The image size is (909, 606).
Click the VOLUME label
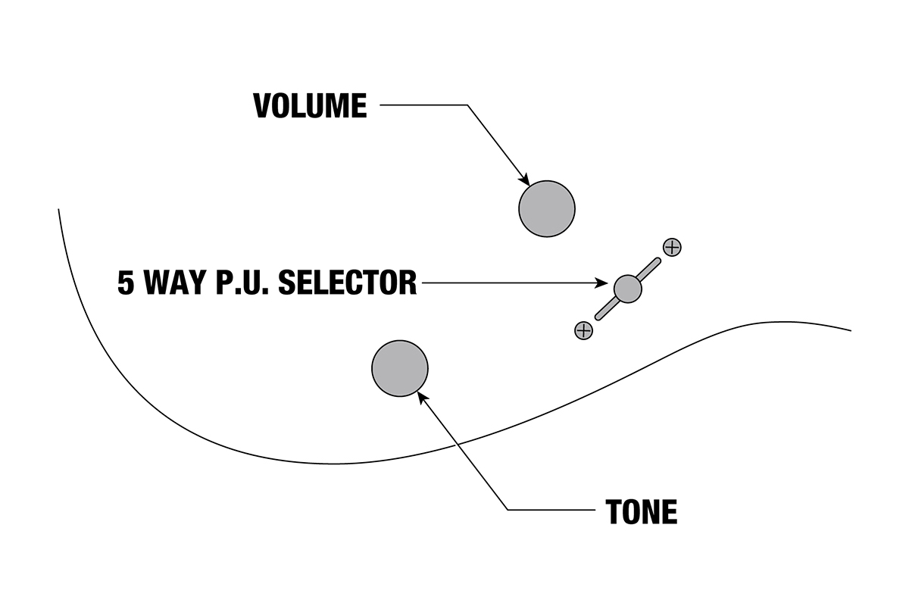[310, 106]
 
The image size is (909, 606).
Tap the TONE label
[641, 513]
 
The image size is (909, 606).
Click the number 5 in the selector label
[126, 283]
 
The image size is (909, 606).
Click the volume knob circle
[547, 209]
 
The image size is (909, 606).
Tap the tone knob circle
[400, 369]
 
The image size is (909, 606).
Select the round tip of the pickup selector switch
[627, 288]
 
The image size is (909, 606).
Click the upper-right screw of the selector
[672, 246]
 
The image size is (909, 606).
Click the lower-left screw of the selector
[583, 330]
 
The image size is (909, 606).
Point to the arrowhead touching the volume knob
[524, 180]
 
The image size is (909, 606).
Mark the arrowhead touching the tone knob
[422, 395]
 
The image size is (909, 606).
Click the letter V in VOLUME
[262, 106]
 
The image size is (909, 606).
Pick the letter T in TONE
[614, 513]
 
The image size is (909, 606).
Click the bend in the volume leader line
[467, 105]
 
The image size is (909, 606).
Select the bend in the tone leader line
[507, 510]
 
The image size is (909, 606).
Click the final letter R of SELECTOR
[408, 283]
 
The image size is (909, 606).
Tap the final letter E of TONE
[668, 513]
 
